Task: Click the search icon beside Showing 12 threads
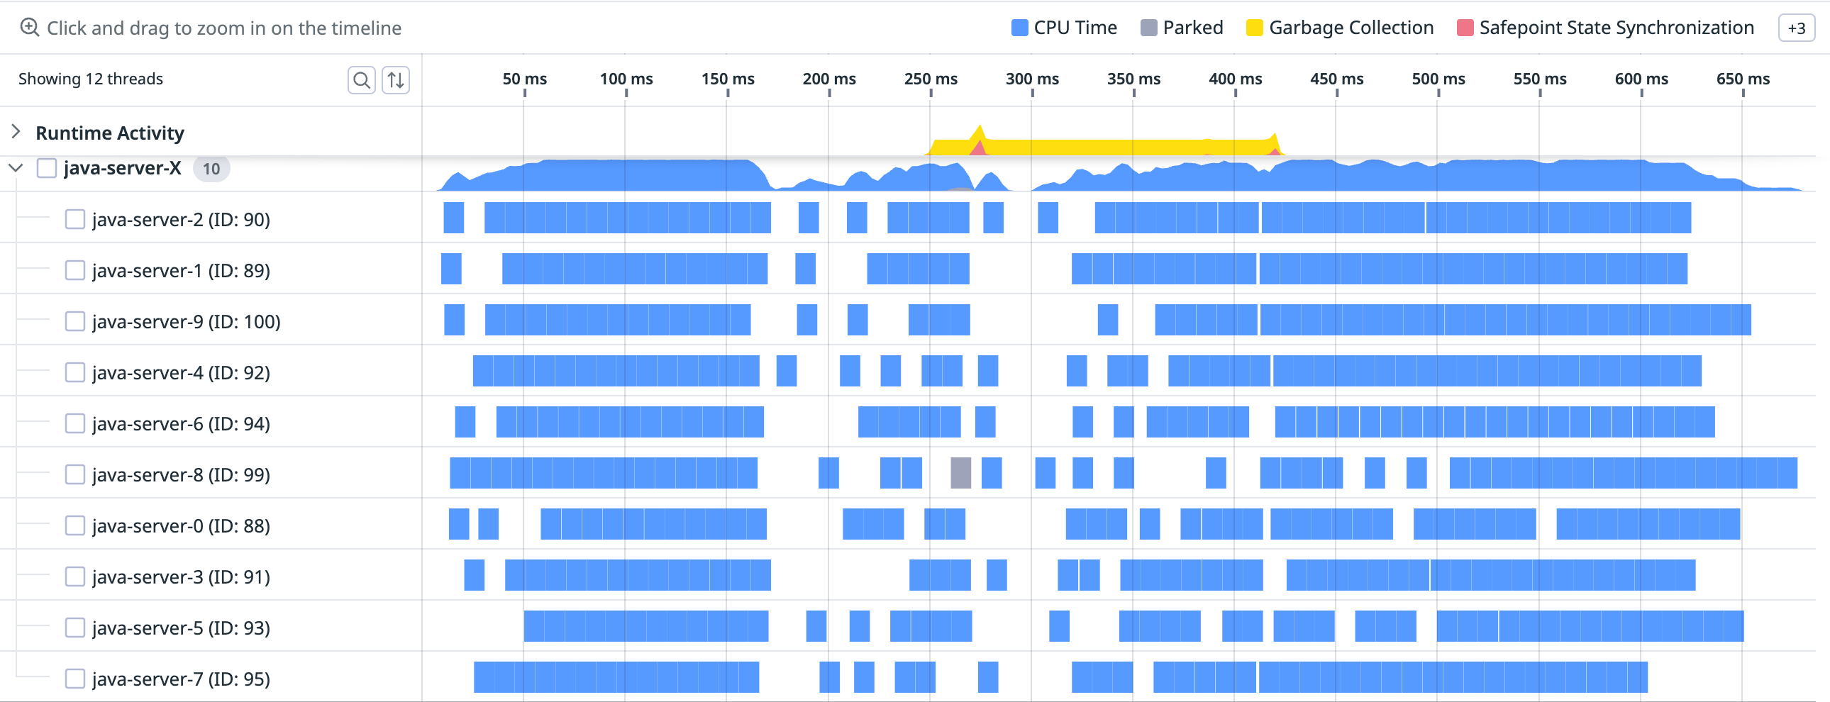[362, 79]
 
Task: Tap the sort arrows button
[396, 79]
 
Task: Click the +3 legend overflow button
[1796, 28]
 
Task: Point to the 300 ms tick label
[1031, 79]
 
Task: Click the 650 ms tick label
[1743, 79]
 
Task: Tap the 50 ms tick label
[524, 79]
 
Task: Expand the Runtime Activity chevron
[16, 131]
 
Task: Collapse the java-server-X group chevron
[16, 168]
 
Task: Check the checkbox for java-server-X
[47, 168]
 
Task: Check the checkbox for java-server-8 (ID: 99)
[74, 474]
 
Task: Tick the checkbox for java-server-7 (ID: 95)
[74, 679]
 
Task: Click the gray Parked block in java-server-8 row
[960, 473]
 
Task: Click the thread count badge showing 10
[211, 169]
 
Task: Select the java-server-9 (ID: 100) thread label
[186, 322]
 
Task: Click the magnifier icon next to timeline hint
[29, 28]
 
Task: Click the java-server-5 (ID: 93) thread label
[181, 628]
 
